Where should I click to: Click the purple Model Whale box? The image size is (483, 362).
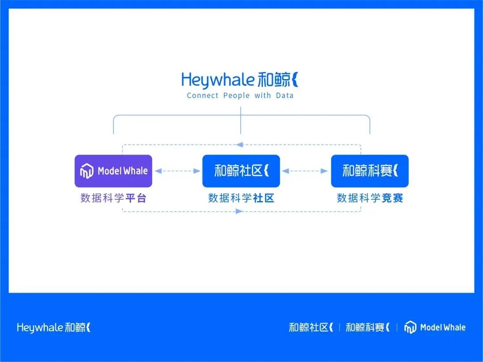pyautogui.click(x=113, y=171)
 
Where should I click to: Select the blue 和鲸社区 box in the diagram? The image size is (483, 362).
pyautogui.click(x=241, y=171)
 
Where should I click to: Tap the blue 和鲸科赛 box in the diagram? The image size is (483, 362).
pyautogui.click(x=369, y=171)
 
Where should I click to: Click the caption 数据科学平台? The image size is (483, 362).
pyautogui.click(x=113, y=198)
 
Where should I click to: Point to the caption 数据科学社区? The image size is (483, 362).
pyautogui.click(x=241, y=198)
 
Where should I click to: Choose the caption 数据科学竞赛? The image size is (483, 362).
pyautogui.click(x=370, y=198)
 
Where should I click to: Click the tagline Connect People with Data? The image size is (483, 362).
pyautogui.click(x=240, y=96)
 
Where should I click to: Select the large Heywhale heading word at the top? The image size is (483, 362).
pyautogui.click(x=218, y=80)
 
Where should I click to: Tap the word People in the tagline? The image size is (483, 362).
pyautogui.click(x=237, y=96)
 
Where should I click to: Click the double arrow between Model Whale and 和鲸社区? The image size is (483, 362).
pyautogui.click(x=177, y=171)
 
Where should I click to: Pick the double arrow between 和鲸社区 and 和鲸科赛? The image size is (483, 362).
pyautogui.click(x=305, y=171)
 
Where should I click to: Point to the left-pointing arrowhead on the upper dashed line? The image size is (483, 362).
pyautogui.click(x=240, y=144)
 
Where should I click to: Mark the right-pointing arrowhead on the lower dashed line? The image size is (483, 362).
pyautogui.click(x=240, y=211)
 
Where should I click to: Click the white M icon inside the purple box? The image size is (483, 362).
pyautogui.click(x=86, y=171)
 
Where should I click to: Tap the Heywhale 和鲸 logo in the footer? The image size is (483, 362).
pyautogui.click(x=54, y=328)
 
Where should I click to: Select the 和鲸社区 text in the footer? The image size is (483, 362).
pyautogui.click(x=311, y=328)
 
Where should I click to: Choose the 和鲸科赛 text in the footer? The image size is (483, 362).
pyautogui.click(x=368, y=328)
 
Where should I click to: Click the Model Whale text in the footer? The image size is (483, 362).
pyautogui.click(x=443, y=328)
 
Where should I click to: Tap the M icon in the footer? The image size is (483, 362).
pyautogui.click(x=410, y=328)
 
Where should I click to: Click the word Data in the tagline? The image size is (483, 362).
pyautogui.click(x=285, y=96)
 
